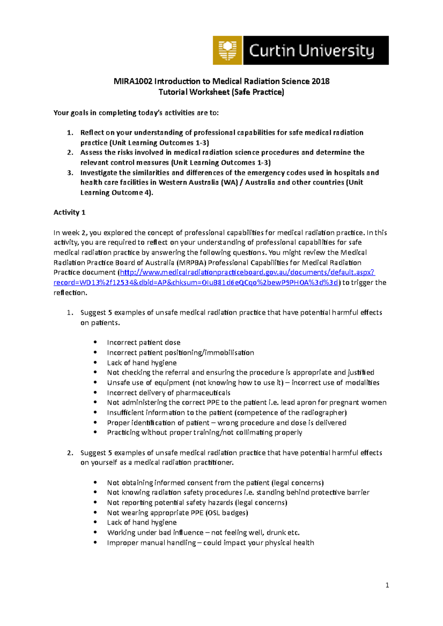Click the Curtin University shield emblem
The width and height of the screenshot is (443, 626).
click(x=227, y=50)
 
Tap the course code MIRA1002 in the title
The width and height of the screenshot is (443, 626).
click(x=133, y=81)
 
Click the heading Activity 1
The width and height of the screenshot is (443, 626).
click(x=69, y=212)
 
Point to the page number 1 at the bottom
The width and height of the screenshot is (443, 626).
click(x=387, y=585)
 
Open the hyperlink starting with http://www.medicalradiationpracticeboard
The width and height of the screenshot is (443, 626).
click(x=247, y=272)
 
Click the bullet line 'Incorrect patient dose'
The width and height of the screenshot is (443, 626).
click(x=144, y=342)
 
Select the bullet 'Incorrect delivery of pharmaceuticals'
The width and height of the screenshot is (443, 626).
click(x=169, y=393)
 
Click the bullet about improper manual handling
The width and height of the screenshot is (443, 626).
click(x=210, y=543)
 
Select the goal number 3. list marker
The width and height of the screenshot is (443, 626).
click(x=70, y=173)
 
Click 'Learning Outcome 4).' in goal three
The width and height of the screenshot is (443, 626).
click(x=117, y=192)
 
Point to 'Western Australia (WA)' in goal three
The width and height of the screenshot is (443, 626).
click(x=198, y=182)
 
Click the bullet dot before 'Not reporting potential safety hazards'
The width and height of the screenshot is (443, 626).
click(x=95, y=502)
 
